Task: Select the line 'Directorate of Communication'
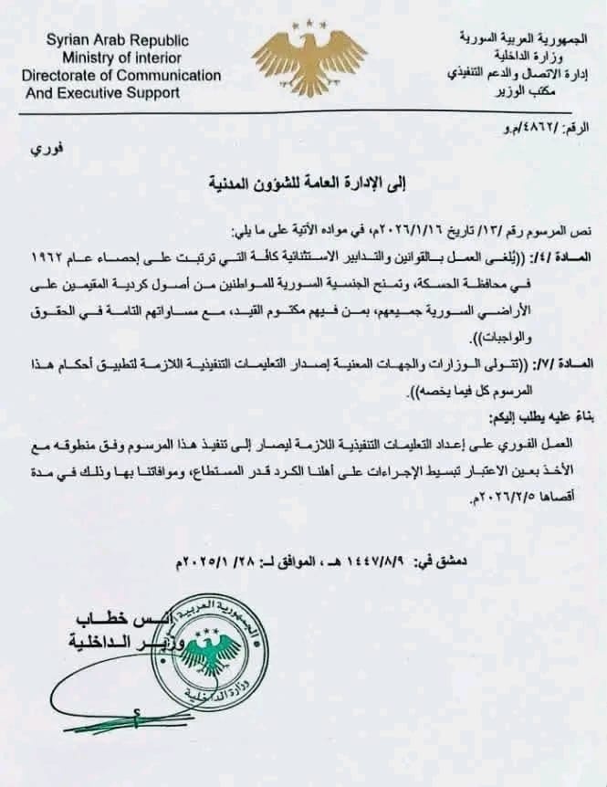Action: point(121,75)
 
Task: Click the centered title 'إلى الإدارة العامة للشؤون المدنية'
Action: point(302,184)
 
